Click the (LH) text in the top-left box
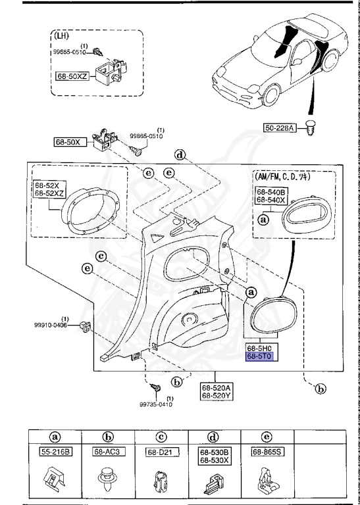click(70, 37)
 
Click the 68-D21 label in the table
click(159, 452)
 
